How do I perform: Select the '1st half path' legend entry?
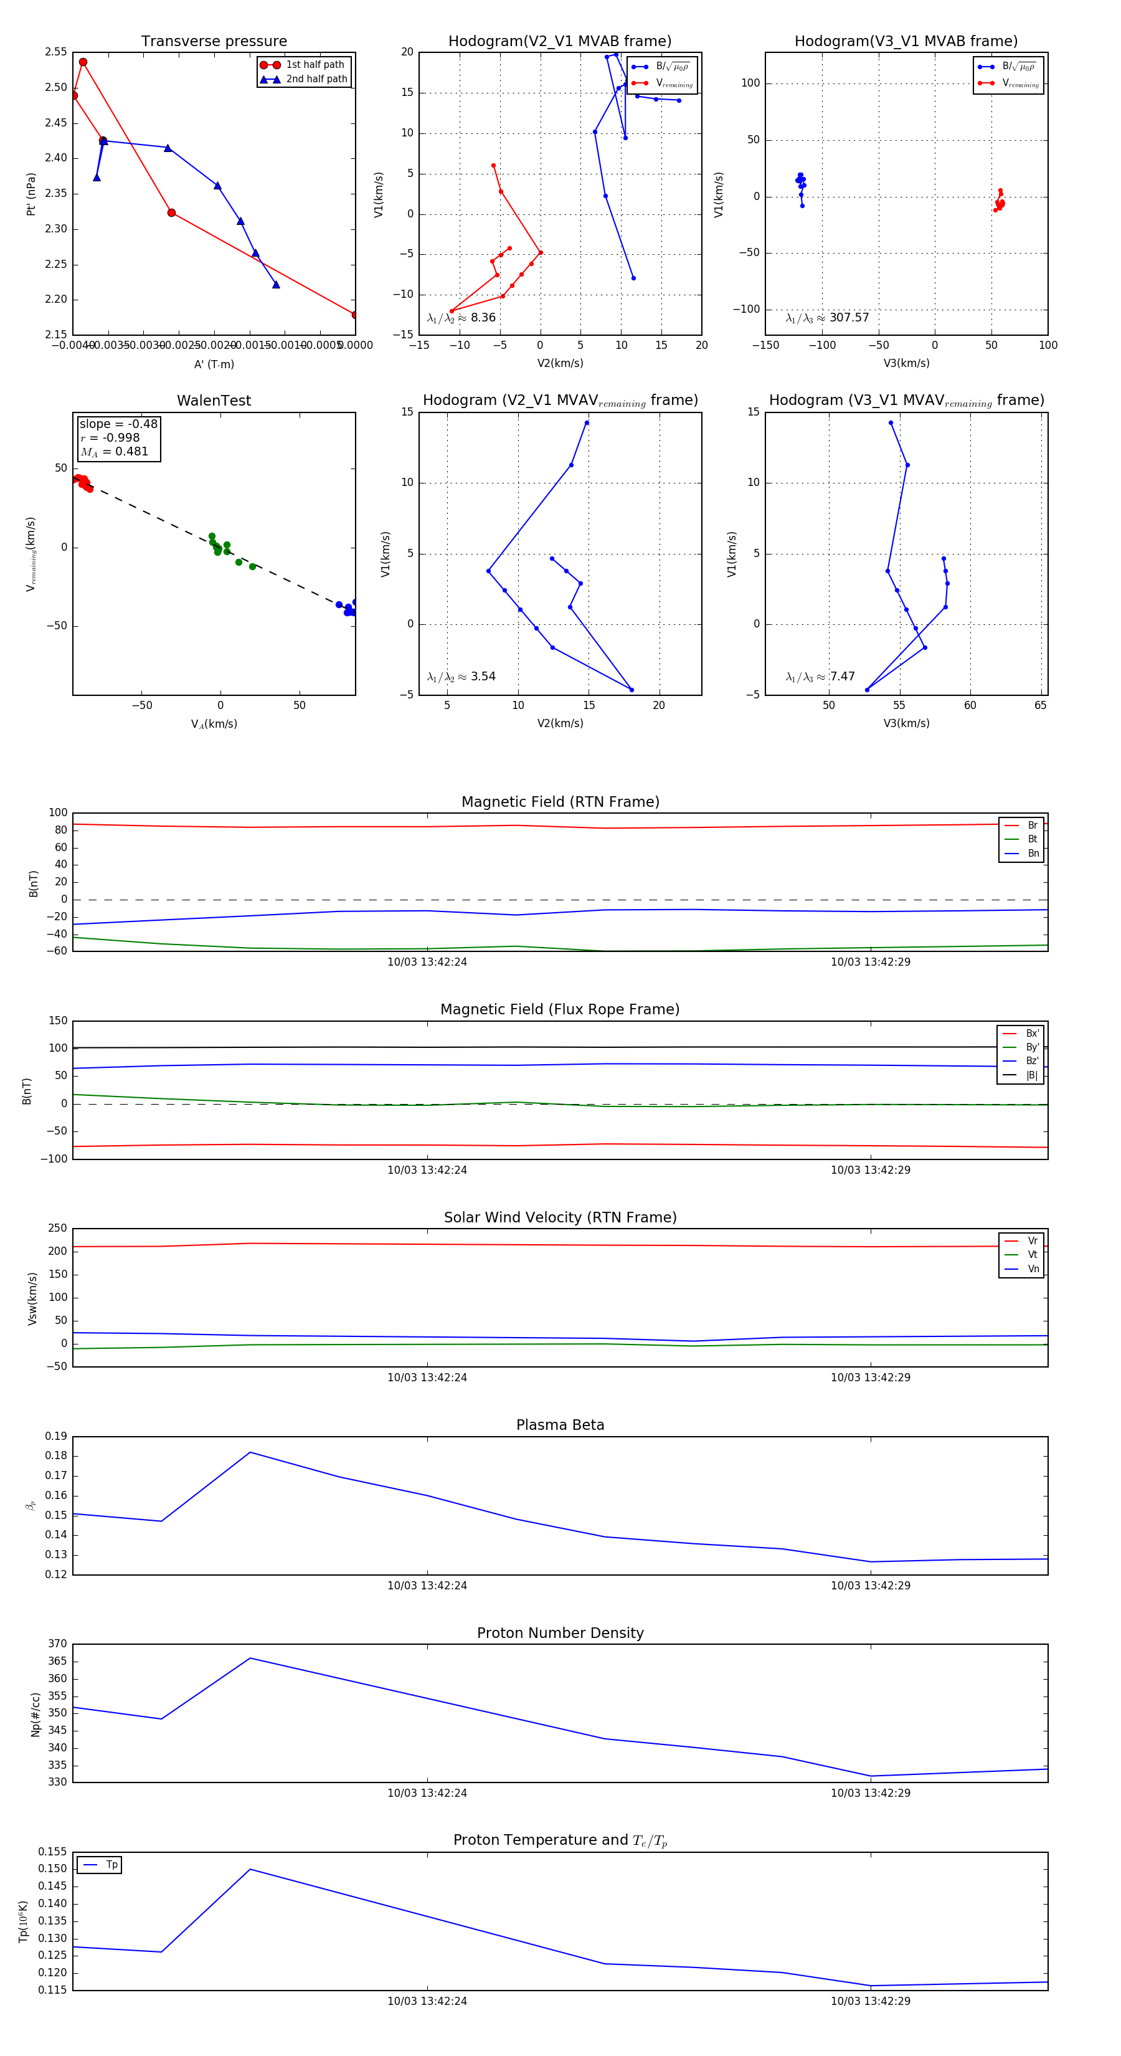315,65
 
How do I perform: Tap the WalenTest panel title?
214,401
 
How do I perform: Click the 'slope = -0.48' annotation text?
118,424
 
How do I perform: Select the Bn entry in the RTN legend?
1033,853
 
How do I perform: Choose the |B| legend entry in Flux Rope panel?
1031,1075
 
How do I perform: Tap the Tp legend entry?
111,1865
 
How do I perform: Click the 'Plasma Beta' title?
560,1425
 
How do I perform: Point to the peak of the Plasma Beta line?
250,1452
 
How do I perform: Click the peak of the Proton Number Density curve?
250,1658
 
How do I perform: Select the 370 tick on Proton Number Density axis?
57,1644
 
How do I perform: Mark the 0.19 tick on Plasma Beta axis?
56,1436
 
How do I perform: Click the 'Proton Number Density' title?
560,1632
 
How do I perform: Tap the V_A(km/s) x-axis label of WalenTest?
214,724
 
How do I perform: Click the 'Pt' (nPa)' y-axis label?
31,194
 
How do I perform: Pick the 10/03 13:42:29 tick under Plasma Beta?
871,1585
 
